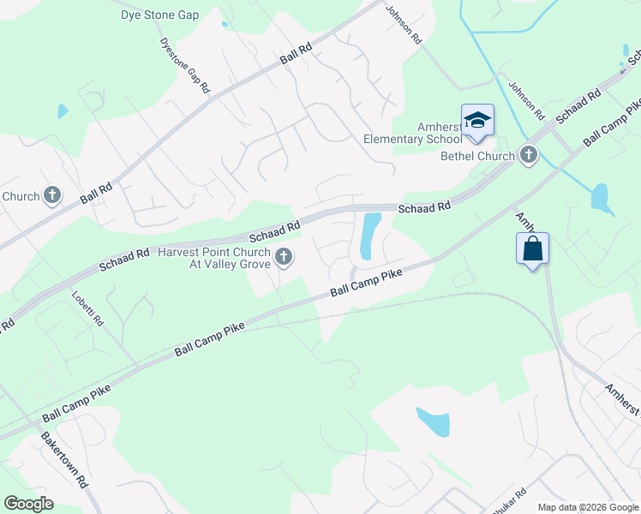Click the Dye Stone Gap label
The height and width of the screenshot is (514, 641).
160,15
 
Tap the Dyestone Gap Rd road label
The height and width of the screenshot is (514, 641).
184,65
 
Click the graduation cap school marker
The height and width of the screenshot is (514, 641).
477,120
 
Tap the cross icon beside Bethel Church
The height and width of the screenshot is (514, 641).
529,155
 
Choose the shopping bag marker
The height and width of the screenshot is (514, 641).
532,249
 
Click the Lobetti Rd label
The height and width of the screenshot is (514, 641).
87,308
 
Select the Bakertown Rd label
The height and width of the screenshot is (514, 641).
65,460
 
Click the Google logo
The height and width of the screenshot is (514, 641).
28,504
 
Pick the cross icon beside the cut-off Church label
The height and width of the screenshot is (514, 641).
52,196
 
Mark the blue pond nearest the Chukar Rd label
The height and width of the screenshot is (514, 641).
433,421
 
